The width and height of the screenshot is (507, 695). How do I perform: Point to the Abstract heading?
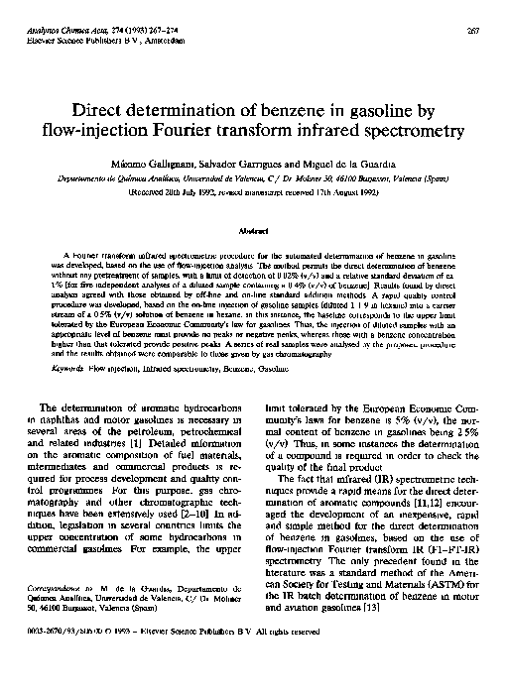click(251, 229)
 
